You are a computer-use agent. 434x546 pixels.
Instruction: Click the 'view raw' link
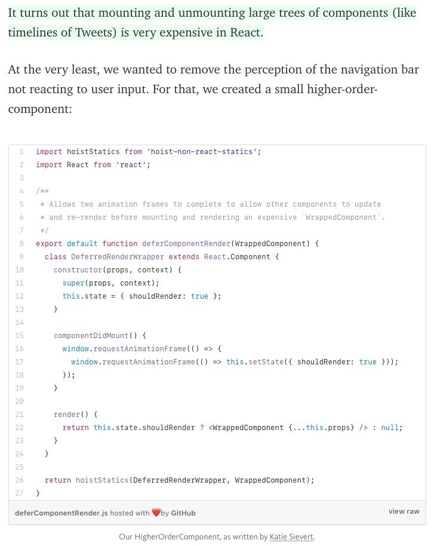coord(404,511)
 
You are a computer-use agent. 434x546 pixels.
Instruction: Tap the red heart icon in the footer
coord(156,513)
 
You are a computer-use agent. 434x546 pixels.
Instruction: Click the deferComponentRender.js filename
coord(53,513)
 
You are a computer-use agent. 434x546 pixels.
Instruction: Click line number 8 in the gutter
coord(21,244)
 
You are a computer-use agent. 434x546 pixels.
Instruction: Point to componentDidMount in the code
coord(90,336)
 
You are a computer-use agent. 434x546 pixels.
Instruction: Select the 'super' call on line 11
coord(73,283)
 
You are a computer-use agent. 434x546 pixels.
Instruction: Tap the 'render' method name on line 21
coord(66,415)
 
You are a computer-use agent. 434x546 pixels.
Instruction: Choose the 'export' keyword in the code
coord(49,244)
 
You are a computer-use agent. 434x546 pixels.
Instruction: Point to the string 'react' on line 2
coord(134,165)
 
